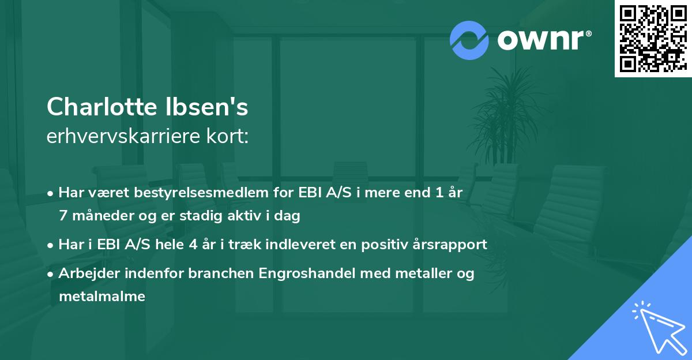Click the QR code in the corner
[x=652, y=38]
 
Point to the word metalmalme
[x=101, y=297]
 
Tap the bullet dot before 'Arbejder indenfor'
[x=51, y=274]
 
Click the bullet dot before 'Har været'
[x=51, y=193]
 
